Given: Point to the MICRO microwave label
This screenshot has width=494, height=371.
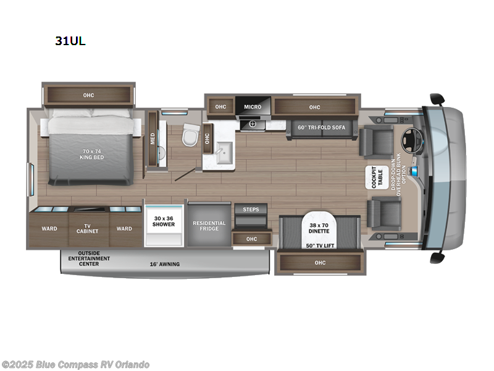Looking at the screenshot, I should (252, 107).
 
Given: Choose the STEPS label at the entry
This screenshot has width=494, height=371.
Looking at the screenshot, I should (251, 210).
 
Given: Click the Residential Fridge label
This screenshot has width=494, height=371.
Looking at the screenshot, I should (209, 226).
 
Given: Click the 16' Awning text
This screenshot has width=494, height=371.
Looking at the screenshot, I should (165, 264).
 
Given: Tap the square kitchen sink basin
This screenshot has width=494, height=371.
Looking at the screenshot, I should (218, 153).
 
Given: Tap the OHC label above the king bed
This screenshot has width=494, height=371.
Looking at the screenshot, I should (89, 95).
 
